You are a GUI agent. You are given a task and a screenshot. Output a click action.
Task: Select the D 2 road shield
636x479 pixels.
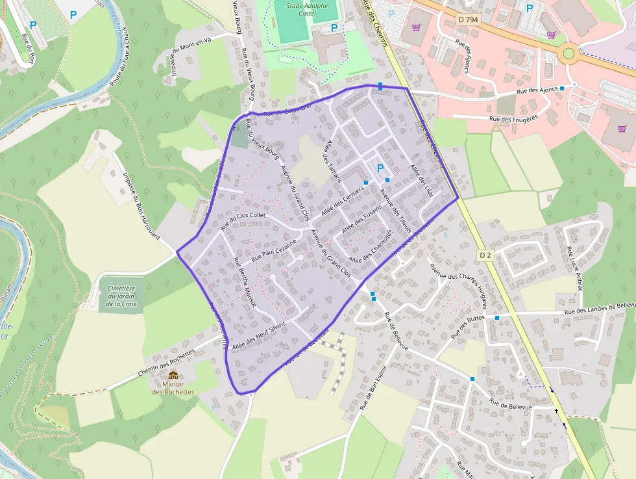click(x=486, y=255)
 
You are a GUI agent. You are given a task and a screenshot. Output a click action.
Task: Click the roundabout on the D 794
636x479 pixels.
click(x=569, y=53)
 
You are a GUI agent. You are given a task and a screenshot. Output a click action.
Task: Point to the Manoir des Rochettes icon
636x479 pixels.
click(x=173, y=375)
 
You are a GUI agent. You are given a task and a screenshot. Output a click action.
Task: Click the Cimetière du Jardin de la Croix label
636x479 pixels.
click(x=121, y=296)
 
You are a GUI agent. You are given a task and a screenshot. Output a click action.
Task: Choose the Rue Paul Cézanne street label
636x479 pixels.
click(x=273, y=250)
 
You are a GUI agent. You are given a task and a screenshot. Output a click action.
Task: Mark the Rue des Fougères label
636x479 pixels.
click(x=514, y=118)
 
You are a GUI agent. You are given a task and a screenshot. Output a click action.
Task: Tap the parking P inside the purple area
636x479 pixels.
click(x=380, y=168)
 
